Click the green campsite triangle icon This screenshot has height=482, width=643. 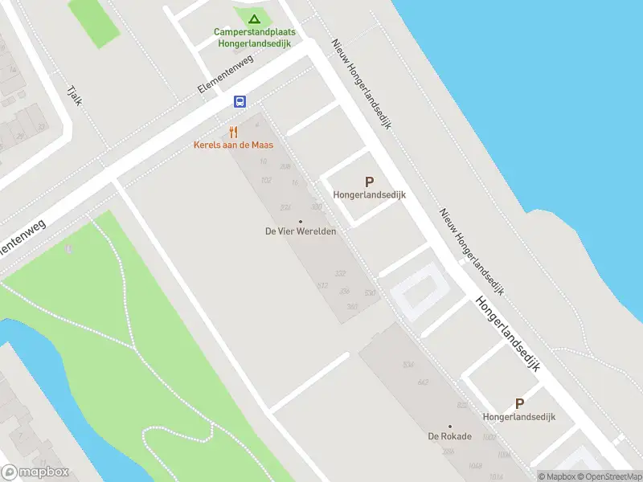[x=254, y=18]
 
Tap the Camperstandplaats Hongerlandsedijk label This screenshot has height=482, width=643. [x=254, y=38]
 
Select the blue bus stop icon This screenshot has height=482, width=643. [x=240, y=101]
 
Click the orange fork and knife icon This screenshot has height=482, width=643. [x=233, y=132]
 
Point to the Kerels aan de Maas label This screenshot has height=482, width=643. [x=233, y=145]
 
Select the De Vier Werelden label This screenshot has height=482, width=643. [x=300, y=231]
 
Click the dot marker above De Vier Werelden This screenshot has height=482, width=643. [x=301, y=221]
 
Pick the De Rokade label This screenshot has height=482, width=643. [x=449, y=437]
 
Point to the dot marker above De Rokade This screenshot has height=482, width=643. [x=450, y=427]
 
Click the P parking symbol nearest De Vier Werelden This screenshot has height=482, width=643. [x=370, y=182]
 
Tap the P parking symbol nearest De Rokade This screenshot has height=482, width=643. [x=519, y=404]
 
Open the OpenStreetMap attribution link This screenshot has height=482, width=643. [x=609, y=476]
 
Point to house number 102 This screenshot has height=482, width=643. [x=266, y=180]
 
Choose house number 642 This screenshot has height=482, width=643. [x=423, y=382]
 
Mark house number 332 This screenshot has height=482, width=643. [x=341, y=274]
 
